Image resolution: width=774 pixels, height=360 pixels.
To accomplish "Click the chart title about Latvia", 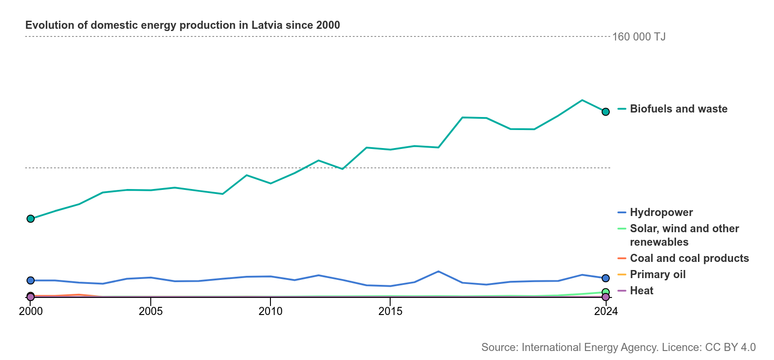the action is (183, 25).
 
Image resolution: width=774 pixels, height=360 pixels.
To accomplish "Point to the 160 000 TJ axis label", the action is (639, 37).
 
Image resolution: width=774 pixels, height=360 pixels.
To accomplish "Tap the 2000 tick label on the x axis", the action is (31, 311).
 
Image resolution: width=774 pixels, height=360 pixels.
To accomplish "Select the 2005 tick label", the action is (151, 311).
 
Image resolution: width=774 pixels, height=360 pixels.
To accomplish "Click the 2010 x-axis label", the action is (270, 311).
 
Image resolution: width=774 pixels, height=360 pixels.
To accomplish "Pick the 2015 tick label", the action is (391, 311).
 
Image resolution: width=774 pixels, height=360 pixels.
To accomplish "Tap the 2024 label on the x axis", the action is (606, 311).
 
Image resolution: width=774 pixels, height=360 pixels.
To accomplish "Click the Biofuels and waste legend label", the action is (679, 109).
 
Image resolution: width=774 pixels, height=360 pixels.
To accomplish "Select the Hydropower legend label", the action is (661, 212).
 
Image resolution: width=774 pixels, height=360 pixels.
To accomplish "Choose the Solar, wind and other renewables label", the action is (684, 235).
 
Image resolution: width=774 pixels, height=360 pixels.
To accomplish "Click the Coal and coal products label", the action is (689, 258).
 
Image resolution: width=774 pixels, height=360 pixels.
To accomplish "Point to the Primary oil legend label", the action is (658, 274).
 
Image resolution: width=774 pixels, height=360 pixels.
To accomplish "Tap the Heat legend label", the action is (642, 291).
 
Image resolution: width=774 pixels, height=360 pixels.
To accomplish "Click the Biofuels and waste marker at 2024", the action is (606, 112).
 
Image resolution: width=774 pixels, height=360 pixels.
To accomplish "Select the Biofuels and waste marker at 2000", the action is (31, 219).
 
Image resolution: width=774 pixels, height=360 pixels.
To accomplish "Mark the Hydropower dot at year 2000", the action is (31, 280).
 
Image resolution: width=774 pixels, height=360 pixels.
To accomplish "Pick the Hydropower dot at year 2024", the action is (606, 278).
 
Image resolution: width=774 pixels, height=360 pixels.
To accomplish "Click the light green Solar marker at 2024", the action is (606, 292).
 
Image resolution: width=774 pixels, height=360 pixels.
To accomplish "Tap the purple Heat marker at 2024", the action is (606, 297).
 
